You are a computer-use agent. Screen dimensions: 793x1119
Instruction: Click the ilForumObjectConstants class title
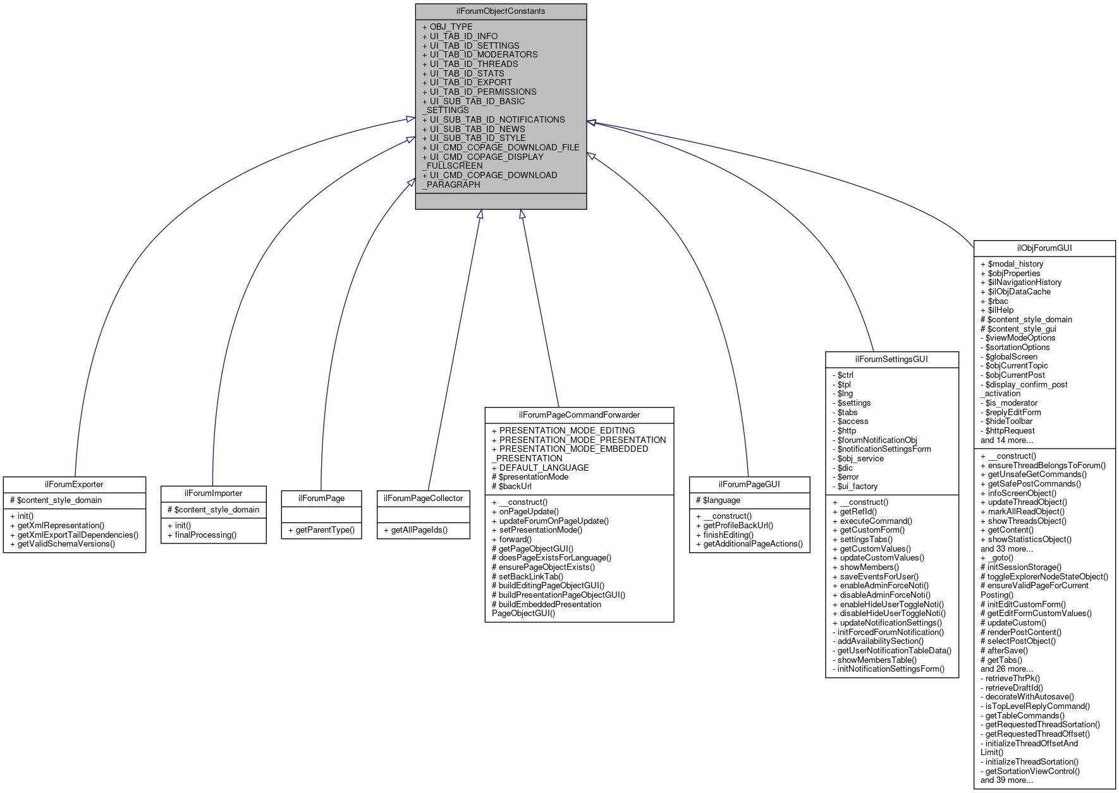click(x=501, y=11)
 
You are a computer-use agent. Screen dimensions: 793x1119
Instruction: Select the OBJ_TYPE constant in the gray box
click(x=451, y=27)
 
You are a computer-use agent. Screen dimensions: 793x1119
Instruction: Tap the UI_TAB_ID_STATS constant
click(x=467, y=73)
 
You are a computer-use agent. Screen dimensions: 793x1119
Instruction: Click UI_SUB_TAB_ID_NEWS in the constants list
click(x=477, y=129)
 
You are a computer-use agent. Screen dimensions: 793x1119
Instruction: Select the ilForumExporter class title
click(x=74, y=484)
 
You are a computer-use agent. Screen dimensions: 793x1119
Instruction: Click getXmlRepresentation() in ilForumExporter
click(x=61, y=525)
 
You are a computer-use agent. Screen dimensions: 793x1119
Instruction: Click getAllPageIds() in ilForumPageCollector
click(x=419, y=530)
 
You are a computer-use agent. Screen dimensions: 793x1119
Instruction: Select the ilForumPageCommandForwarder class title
click(x=579, y=415)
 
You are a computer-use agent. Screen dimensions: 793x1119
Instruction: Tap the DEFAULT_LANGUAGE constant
click(x=544, y=468)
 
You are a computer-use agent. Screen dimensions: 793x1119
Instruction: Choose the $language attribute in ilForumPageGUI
click(x=721, y=500)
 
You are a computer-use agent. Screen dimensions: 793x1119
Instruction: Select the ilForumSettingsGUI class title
click(x=891, y=359)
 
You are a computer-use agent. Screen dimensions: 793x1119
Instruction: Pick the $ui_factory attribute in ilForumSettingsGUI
click(x=857, y=486)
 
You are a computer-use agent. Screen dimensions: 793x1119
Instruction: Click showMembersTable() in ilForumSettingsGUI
click(x=877, y=660)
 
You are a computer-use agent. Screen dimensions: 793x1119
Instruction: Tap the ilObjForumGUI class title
click(x=1044, y=248)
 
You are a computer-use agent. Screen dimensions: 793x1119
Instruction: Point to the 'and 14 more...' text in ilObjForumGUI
click(x=1006, y=440)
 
